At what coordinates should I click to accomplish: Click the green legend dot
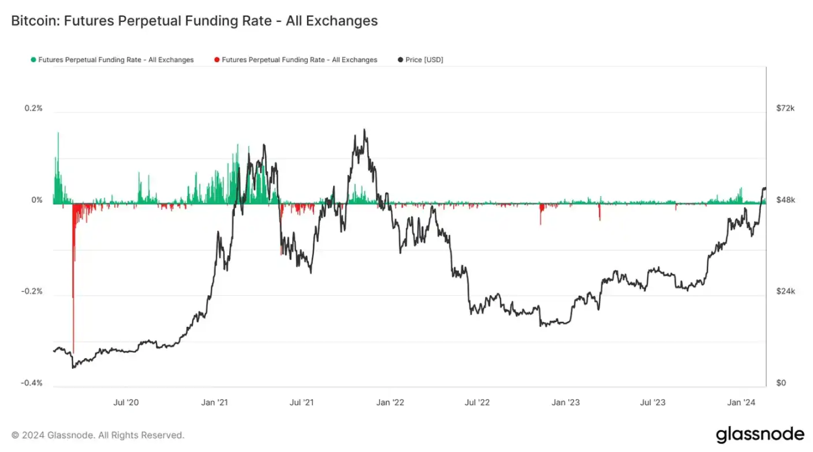33,60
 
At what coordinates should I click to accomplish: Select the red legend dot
217,60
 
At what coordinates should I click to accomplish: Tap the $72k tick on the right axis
786,108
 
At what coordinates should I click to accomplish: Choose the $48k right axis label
786,200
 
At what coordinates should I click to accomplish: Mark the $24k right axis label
786,292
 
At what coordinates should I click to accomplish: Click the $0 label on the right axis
781,383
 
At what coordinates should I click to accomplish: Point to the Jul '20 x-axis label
126,402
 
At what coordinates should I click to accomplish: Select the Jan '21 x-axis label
215,402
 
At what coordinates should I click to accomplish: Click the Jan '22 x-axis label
391,402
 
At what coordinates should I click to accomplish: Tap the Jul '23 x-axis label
653,402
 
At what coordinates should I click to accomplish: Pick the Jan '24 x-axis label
740,402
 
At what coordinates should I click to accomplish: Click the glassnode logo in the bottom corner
760,434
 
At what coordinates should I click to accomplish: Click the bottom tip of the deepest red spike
73,353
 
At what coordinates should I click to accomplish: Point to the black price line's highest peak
364,130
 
